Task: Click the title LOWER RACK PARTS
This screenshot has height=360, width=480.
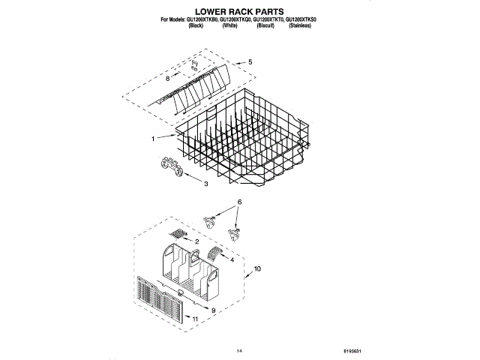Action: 239,12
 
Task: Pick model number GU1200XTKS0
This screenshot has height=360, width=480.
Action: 301,19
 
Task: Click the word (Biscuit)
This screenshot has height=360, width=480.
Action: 264,25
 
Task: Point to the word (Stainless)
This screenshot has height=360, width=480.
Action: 301,25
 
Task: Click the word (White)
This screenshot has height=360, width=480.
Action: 229,25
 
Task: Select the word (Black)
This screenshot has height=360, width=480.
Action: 196,25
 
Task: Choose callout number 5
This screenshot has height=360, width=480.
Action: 250,61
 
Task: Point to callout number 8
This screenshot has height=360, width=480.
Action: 167,78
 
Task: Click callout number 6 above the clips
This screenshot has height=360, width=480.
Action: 239,202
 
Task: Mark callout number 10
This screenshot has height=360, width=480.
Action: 257,268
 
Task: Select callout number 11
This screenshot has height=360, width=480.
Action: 196,320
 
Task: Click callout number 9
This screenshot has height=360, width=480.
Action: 213,310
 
